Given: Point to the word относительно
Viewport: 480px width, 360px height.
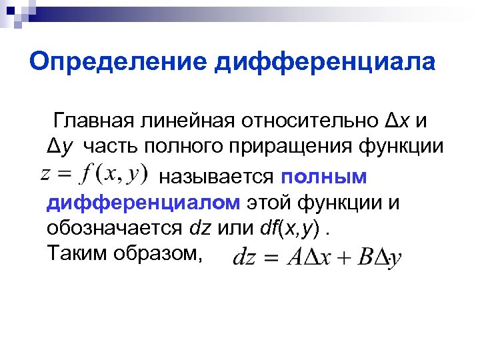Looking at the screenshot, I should coord(308,121).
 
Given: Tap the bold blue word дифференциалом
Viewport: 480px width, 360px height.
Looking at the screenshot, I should coord(143,203).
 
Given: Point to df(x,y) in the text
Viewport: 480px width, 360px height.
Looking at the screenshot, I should coord(293,228).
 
